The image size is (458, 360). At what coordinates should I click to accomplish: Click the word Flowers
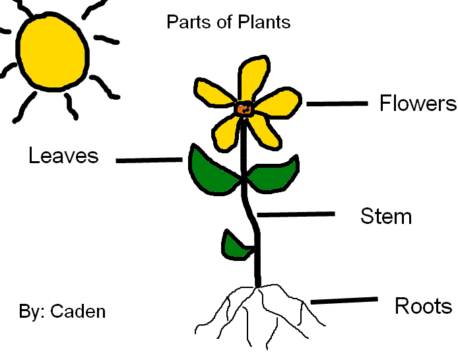click(x=417, y=104)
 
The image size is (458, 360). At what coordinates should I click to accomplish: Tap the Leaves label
click(x=63, y=156)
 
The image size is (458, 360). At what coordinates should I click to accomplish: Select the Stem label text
click(x=386, y=216)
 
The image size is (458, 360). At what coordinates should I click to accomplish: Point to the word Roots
click(x=423, y=306)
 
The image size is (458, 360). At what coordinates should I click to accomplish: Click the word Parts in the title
click(x=186, y=22)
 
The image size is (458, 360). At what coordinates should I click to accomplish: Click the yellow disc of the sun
click(x=52, y=50)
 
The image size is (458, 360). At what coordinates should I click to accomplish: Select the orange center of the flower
click(x=244, y=110)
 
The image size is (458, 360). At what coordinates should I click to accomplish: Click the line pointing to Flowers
click(x=337, y=104)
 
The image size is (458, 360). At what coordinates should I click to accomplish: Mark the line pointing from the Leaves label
click(x=149, y=160)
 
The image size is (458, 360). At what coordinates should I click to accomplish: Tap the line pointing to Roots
click(x=343, y=301)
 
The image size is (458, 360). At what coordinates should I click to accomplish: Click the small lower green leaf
click(x=235, y=246)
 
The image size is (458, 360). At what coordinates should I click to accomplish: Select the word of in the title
click(x=224, y=22)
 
